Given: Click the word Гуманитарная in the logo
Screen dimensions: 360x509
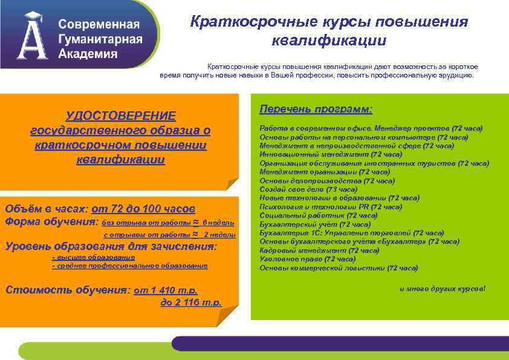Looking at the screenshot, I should click(x=100, y=39).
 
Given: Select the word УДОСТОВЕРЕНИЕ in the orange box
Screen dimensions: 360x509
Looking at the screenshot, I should click(x=121, y=116).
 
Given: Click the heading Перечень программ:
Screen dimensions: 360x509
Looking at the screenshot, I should click(x=316, y=109).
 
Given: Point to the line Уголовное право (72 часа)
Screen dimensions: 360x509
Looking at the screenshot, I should click(x=308, y=259).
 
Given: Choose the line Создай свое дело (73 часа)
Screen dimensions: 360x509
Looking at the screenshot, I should click(x=308, y=189).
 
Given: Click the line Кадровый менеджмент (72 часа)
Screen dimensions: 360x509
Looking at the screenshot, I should click(x=319, y=250).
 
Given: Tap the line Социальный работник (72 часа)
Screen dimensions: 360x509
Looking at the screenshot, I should click(x=319, y=215).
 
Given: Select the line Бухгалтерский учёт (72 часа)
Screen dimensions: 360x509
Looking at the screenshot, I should click(x=315, y=224).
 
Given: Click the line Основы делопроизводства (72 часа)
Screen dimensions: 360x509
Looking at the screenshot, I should click(x=327, y=180).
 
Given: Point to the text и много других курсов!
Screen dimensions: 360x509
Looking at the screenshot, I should click(x=442, y=289).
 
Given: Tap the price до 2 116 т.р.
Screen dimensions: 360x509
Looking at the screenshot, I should click(x=191, y=302).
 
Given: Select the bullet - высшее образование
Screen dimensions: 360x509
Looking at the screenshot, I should click(x=93, y=257).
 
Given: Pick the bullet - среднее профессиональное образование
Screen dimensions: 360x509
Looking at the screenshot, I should click(x=130, y=266).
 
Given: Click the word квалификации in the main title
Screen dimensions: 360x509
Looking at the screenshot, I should click(x=329, y=41).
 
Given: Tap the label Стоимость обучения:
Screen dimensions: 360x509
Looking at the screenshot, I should click(x=67, y=289).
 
